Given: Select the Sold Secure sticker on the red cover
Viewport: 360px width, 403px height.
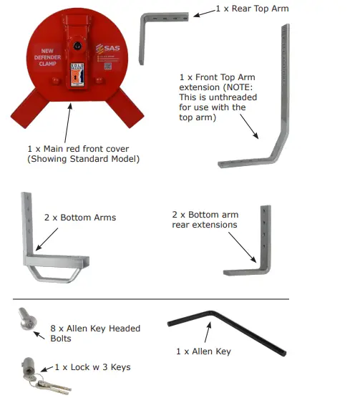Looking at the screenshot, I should pos(75,74).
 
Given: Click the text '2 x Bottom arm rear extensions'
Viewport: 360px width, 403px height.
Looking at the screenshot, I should pos(205,220).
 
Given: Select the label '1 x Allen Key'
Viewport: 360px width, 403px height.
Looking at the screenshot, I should pos(203,351).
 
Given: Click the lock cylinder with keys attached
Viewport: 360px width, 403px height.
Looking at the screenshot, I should pos(32,373).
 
